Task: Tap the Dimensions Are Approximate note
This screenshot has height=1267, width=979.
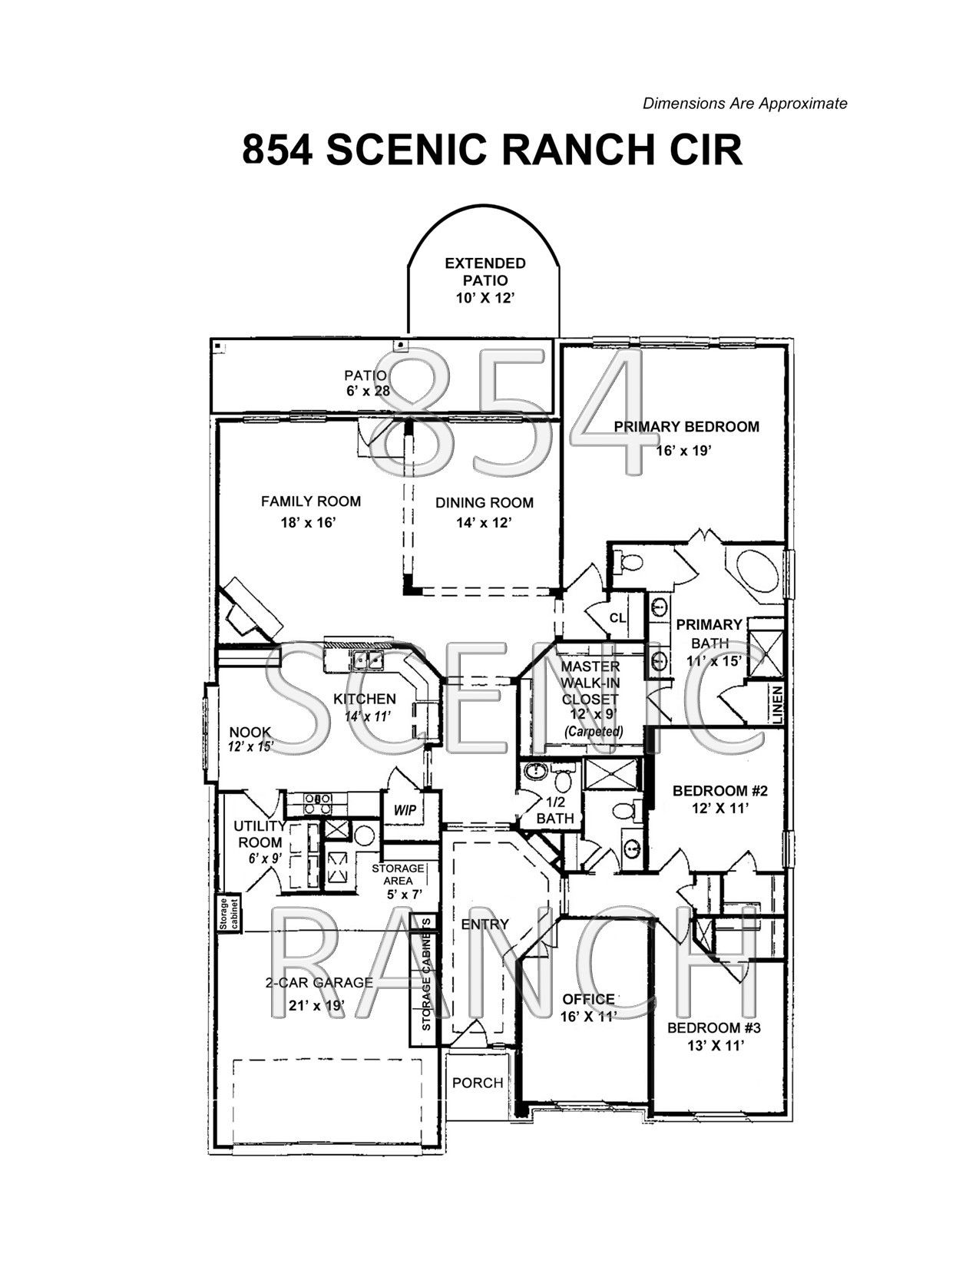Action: (x=745, y=104)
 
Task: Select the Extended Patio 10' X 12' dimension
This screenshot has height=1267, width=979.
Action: (x=485, y=298)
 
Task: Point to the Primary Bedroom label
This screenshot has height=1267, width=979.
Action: (x=686, y=426)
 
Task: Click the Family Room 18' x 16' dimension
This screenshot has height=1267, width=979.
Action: (x=309, y=522)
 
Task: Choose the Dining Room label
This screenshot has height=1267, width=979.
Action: (x=485, y=503)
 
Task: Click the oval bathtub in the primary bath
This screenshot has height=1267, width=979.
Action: (x=756, y=570)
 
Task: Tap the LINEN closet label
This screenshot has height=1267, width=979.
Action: (x=777, y=705)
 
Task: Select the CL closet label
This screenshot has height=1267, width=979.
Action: (x=617, y=617)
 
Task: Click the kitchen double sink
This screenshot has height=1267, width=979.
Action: (x=367, y=660)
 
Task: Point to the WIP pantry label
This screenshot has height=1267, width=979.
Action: (x=405, y=810)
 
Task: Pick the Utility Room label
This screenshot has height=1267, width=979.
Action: (x=260, y=835)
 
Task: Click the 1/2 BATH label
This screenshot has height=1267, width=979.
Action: (x=555, y=810)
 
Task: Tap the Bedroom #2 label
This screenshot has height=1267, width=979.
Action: (x=720, y=791)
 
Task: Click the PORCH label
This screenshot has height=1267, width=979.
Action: (x=478, y=1083)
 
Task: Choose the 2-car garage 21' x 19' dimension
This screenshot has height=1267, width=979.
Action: (x=317, y=1004)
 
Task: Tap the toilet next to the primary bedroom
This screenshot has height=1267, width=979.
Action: (x=629, y=562)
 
